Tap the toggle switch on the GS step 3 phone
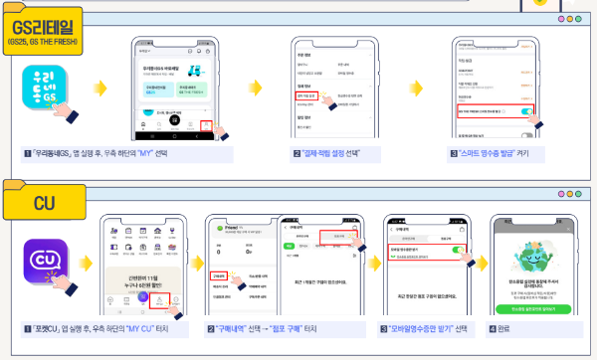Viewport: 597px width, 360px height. tap(524, 112)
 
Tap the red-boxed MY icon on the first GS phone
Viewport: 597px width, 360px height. tap(206, 124)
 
